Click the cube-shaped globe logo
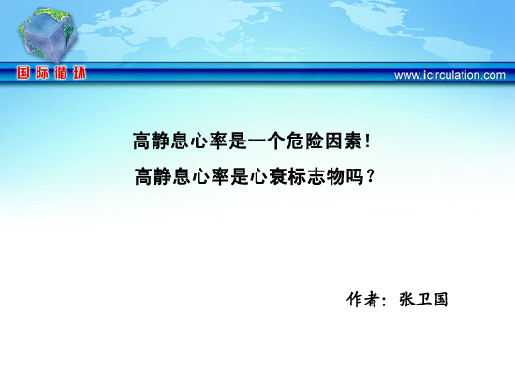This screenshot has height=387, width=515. tap(48, 35)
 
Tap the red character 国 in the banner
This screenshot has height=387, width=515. tap(23, 72)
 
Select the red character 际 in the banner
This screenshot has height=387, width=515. tap(42, 72)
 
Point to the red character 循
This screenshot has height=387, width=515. tap(61, 72)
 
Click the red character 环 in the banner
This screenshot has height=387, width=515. tap(80, 72)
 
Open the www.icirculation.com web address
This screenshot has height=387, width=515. tap(449, 75)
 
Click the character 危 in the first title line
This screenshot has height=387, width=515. tap(295, 141)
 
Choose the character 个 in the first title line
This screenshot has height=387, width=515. tap(276, 141)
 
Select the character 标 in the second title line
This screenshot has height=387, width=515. tap(298, 176)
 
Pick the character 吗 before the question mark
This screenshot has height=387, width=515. tap(355, 176)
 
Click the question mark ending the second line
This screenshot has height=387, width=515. tap(370, 176)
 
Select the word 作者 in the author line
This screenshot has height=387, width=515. tap(363, 300)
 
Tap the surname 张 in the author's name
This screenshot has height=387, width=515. tap(406, 300)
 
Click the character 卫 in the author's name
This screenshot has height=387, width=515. tap(423, 300)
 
